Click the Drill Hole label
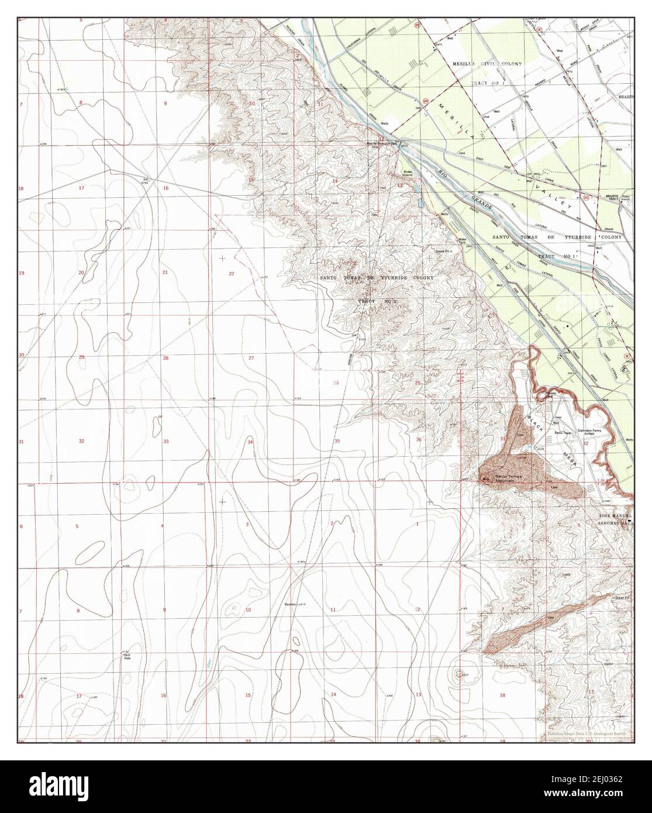(127, 656)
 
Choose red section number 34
(250, 442)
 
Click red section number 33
(166, 441)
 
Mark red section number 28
(166, 358)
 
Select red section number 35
(337, 440)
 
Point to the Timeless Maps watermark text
(585, 734)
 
